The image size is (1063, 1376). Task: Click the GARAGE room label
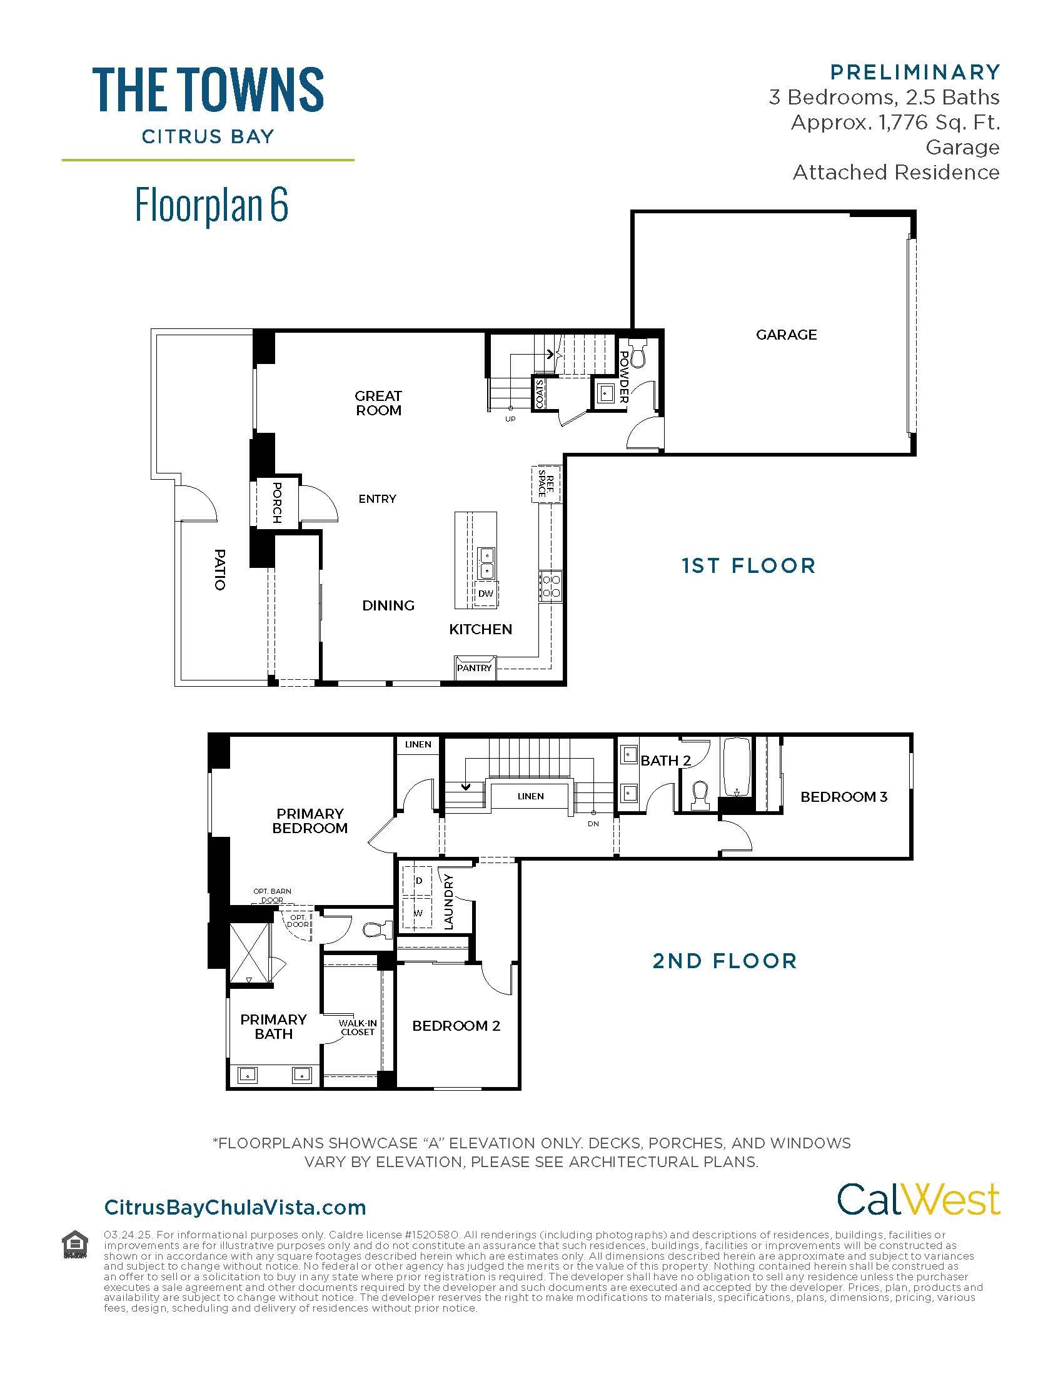[x=786, y=335]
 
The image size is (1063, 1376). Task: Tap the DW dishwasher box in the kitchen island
[x=485, y=594]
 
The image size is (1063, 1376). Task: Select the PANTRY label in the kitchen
[x=474, y=668]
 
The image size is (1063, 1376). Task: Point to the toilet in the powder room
[x=638, y=355]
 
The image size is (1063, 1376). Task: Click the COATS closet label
[x=540, y=393]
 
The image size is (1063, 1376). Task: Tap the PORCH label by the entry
[x=276, y=503]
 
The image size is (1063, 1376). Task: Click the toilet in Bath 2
[x=699, y=795]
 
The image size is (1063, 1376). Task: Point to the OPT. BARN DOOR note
[x=272, y=895]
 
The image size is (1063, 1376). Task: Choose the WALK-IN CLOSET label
[x=358, y=1028]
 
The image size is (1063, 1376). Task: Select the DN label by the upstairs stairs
[x=593, y=824]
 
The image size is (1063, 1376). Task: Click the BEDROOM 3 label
[x=844, y=797]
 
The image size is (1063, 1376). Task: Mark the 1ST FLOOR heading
[x=748, y=565]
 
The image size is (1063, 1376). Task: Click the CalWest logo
[x=917, y=1199]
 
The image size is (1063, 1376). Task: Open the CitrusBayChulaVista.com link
[x=235, y=1208]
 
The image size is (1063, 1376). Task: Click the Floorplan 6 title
[x=211, y=205]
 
